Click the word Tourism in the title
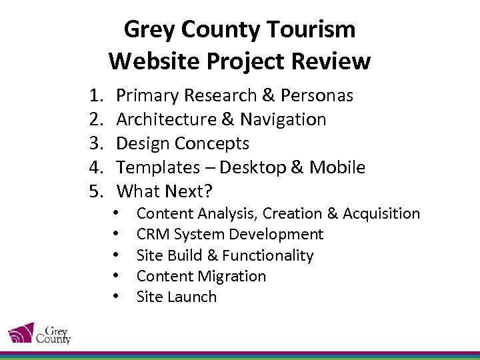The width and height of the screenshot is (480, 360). [x=311, y=29]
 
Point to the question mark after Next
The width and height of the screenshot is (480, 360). [x=209, y=191]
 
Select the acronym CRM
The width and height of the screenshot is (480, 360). [x=151, y=235]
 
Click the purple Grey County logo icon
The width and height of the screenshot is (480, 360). [x=21, y=333]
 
